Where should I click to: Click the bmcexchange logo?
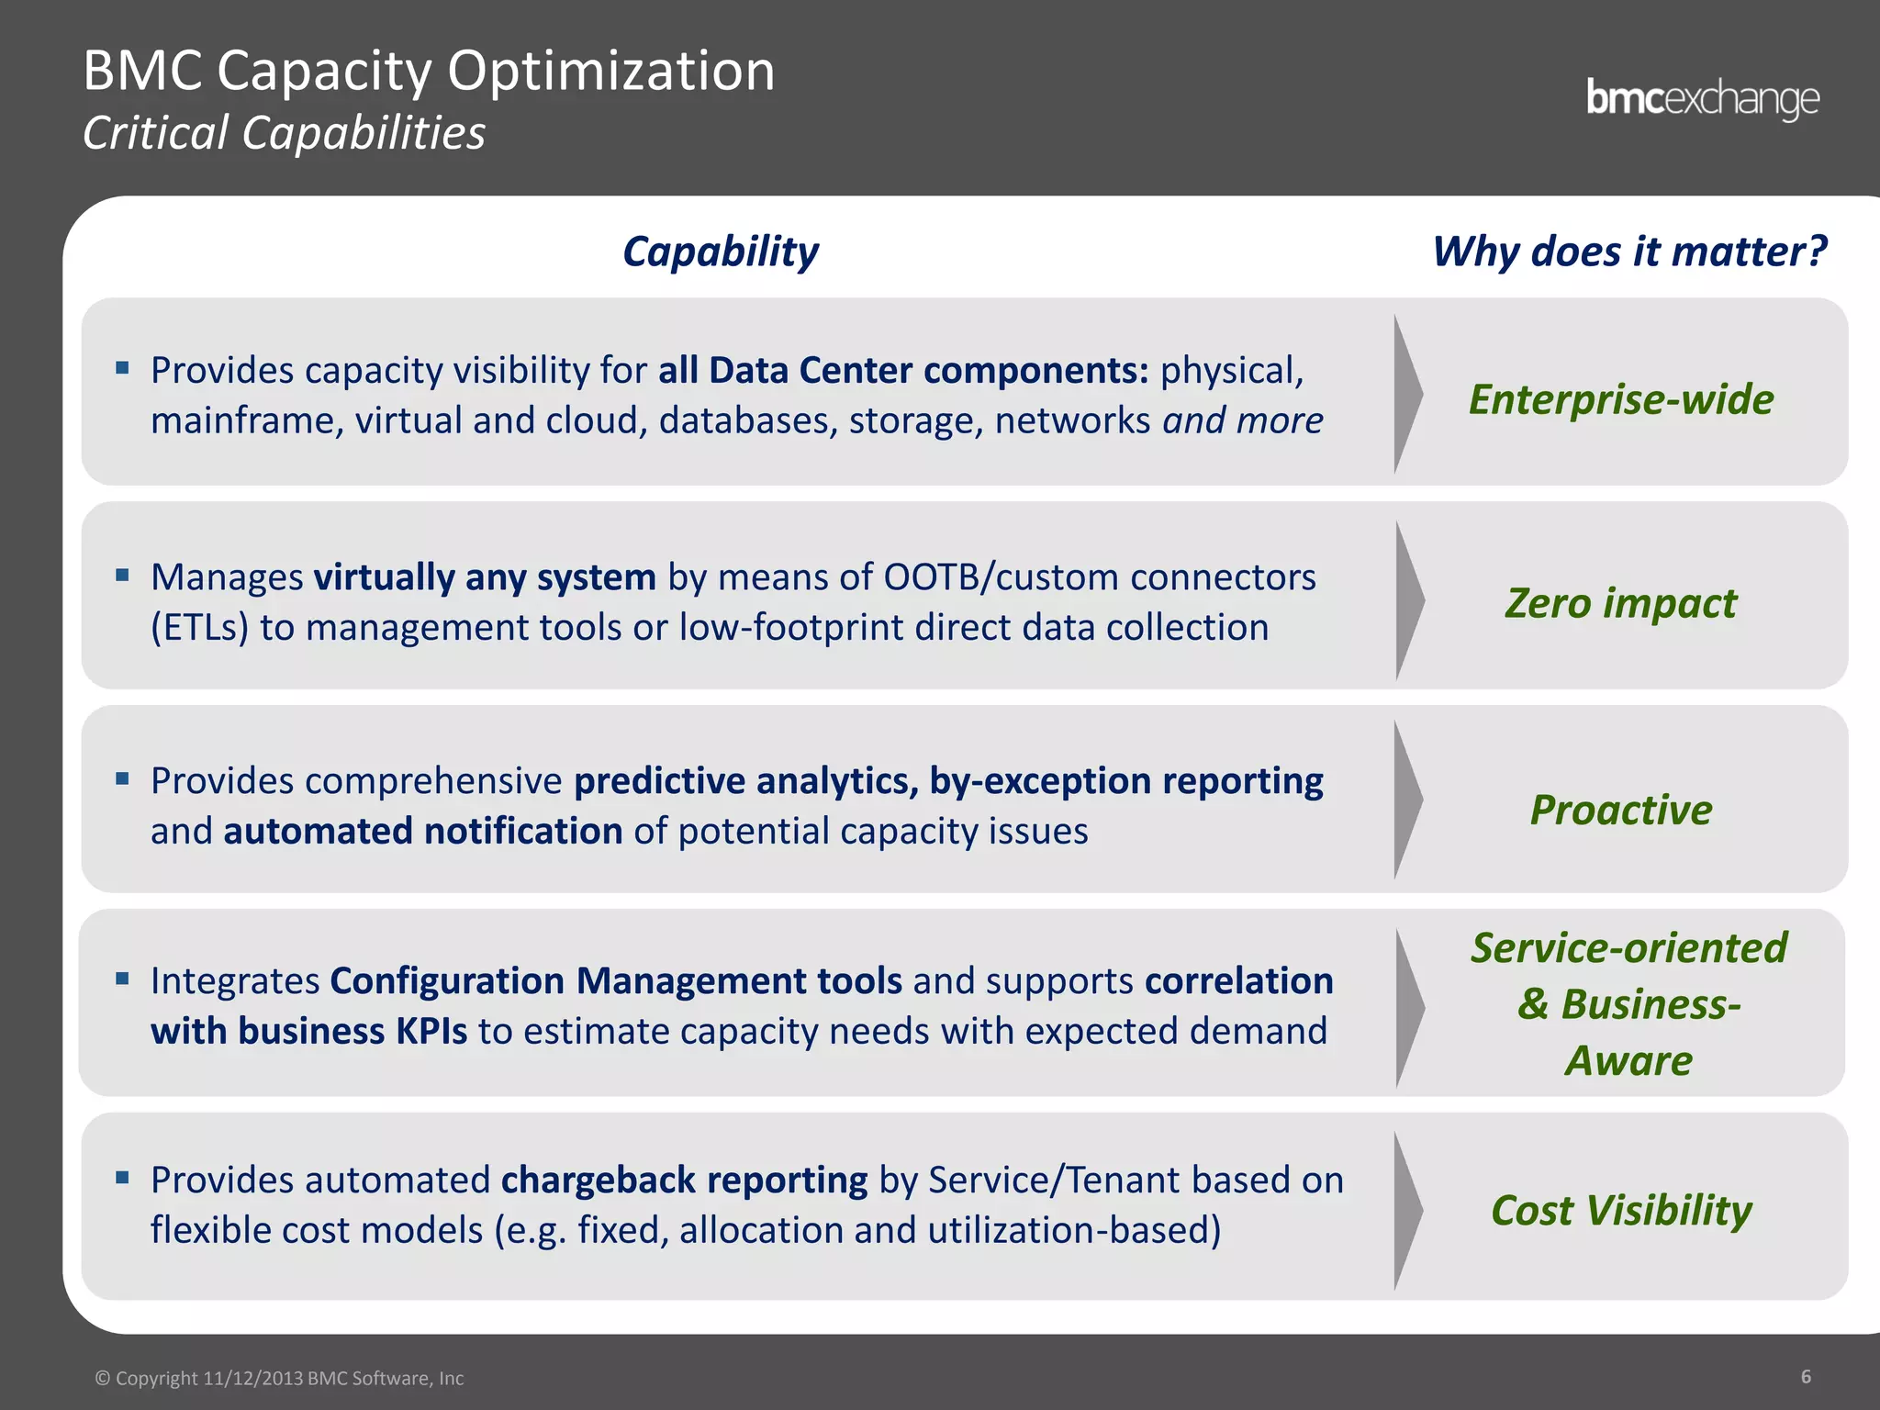click(1702, 99)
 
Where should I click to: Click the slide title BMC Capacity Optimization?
click(429, 71)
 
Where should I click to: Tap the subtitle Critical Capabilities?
click(284, 133)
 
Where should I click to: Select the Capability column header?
click(721, 252)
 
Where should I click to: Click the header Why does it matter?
click(1629, 252)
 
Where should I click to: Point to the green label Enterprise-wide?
click(1621, 399)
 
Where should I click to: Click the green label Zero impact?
click(1621, 603)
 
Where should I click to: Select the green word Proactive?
click(1621, 810)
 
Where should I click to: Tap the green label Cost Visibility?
click(1621, 1210)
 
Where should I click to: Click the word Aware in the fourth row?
click(1628, 1061)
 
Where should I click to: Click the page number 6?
click(1806, 1376)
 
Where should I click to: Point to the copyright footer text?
click(280, 1378)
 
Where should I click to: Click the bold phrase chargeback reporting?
click(684, 1181)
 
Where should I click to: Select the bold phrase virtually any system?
click(485, 577)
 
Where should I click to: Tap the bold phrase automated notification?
click(423, 832)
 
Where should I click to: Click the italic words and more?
click(1243, 421)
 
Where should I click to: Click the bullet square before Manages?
click(122, 576)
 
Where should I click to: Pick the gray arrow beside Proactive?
click(1406, 800)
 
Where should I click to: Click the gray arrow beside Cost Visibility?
click(1406, 1210)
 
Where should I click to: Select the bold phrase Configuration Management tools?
click(616, 981)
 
